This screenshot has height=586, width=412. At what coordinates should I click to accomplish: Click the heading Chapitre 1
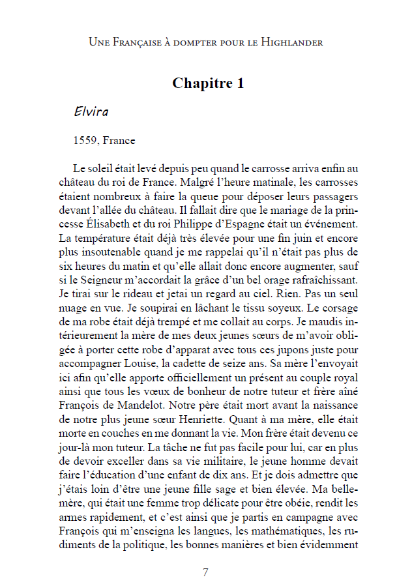[208, 83]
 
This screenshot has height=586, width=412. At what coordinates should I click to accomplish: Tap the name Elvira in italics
[91, 111]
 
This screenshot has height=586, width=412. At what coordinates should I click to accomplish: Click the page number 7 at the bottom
[206, 572]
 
